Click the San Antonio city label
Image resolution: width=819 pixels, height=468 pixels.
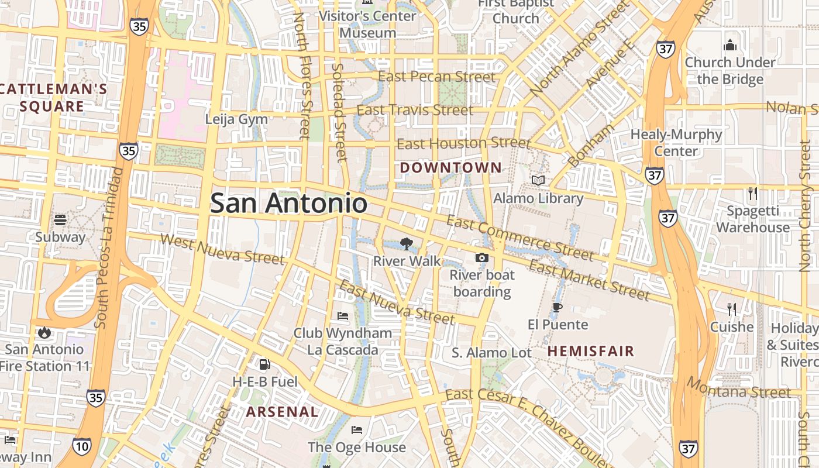coord(288,204)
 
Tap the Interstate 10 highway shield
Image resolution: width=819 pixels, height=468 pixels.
coord(82,446)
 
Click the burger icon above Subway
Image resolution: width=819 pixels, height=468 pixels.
coord(60,220)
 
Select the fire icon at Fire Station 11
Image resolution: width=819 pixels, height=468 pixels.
coord(44,332)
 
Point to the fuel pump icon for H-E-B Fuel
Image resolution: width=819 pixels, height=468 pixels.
coord(264,364)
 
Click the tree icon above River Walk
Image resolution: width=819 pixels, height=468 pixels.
coord(406,244)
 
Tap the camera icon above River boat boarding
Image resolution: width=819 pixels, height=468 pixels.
coord(481,257)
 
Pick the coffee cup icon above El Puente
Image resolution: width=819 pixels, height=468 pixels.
coord(557,307)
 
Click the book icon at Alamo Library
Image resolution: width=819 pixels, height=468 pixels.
coord(538,181)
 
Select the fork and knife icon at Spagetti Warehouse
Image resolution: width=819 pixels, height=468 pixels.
coord(752,193)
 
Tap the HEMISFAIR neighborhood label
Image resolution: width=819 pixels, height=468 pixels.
coord(591,352)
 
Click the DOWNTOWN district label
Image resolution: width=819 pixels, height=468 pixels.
coord(450,168)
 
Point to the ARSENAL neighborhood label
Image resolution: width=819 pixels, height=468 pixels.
coord(282,412)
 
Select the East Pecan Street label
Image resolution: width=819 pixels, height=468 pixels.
coord(436,77)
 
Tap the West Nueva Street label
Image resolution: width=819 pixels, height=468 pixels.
coord(222,249)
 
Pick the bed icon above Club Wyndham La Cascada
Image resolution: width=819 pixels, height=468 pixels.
coord(343,316)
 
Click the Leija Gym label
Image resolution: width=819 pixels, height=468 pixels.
coord(236,119)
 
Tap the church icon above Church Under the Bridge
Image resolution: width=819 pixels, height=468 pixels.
coord(729,45)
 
